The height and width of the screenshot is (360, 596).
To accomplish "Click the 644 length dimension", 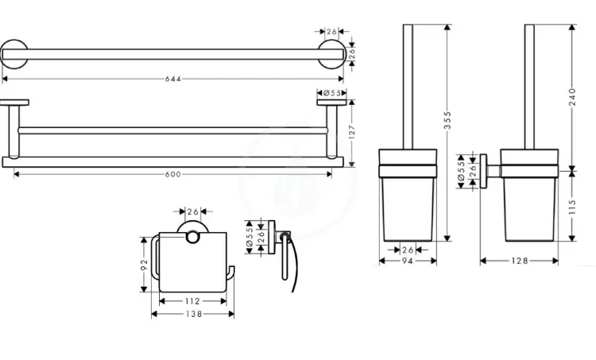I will pos(173,79).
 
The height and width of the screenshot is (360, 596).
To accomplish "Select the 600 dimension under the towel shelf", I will pos(173,175).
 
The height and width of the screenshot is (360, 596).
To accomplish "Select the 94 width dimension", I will pos(407,260).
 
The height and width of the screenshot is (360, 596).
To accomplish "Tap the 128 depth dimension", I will pos(520,260).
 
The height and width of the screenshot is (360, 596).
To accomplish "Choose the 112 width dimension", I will pos(192,301).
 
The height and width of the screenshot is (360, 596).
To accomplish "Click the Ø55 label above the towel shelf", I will pos(332,93).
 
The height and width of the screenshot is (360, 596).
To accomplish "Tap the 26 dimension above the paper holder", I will pos(192,211).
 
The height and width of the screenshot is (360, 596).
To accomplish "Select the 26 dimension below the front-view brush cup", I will pos(407,248).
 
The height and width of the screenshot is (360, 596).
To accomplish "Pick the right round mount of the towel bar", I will pos(332,56).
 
